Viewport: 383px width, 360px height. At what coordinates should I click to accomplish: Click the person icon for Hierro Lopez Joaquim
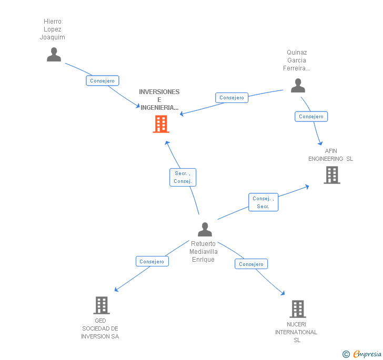coord(54,55)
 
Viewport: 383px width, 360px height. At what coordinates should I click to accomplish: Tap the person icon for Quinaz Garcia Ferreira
coord(298,86)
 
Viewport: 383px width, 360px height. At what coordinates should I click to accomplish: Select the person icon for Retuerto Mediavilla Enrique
coord(205,230)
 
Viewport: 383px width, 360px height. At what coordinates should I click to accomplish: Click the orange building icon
coord(160,124)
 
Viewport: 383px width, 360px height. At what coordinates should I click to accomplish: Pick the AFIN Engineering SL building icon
coord(331,175)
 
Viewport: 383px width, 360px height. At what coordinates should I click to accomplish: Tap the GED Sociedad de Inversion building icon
coord(101,305)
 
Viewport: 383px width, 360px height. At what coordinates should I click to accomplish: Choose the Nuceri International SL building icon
coord(297,309)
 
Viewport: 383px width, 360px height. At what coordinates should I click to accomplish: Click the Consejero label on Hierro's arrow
coord(103,80)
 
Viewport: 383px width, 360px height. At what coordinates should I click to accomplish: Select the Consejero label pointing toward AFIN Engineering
coord(311,116)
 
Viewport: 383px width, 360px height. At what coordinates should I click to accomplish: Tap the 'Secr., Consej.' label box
coord(183,177)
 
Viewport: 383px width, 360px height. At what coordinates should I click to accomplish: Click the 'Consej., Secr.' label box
coord(263,202)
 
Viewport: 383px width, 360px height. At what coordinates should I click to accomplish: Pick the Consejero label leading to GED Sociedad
coord(152,261)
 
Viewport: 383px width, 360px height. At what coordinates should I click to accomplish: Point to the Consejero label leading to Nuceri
coord(251,264)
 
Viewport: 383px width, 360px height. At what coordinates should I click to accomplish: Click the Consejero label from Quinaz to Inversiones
coord(232,97)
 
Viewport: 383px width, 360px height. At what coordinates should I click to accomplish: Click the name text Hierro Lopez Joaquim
coord(53,29)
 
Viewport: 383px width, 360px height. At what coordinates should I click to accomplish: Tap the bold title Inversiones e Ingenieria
coord(159,100)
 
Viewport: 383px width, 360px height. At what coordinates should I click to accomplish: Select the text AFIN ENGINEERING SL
coord(331,155)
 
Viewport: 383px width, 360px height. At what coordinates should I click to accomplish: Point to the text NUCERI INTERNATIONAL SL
coord(297,332)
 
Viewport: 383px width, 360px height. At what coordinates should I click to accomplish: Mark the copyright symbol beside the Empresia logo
coord(346,354)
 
